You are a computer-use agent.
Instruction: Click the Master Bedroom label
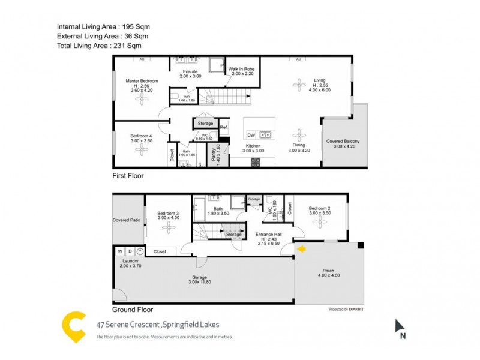(x=142, y=80)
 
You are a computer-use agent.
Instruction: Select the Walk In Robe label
(x=242, y=69)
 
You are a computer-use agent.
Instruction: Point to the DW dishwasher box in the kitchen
(x=251, y=134)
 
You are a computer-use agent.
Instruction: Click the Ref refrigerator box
(x=223, y=127)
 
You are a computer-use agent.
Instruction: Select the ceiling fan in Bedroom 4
(x=142, y=148)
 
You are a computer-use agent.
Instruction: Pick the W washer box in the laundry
(x=120, y=251)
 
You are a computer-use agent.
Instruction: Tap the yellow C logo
(x=74, y=328)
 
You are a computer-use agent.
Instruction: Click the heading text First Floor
(x=128, y=176)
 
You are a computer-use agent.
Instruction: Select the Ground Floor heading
(x=133, y=310)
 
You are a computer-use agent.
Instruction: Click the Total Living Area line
(x=98, y=46)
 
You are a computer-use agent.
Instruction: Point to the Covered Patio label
(x=127, y=220)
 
